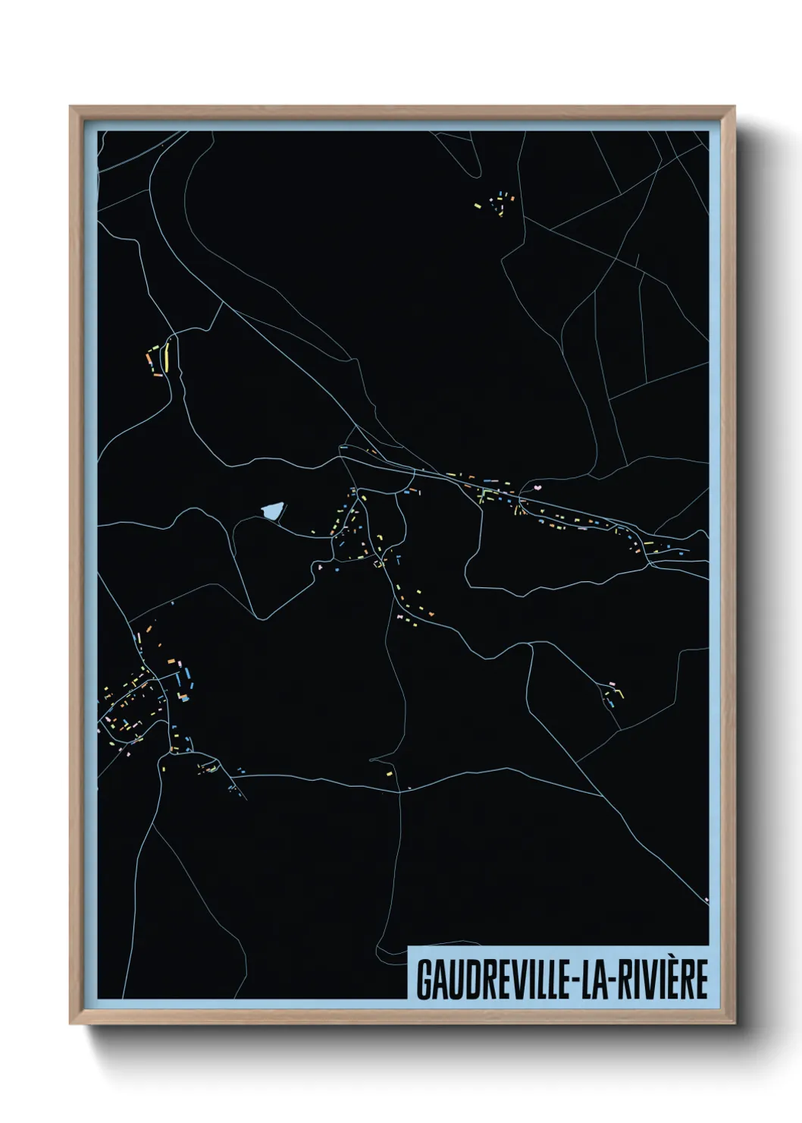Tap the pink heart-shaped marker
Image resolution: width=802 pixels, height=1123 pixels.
[x=537, y=488]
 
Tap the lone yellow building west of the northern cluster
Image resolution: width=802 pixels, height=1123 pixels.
[x=477, y=204]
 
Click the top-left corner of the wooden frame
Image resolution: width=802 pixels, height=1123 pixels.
[x=70, y=107]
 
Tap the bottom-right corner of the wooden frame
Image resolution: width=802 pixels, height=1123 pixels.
[x=735, y=1024]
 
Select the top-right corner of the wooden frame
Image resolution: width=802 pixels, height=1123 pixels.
[x=735, y=107]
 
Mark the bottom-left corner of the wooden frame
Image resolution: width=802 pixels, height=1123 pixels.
[x=70, y=1024]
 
